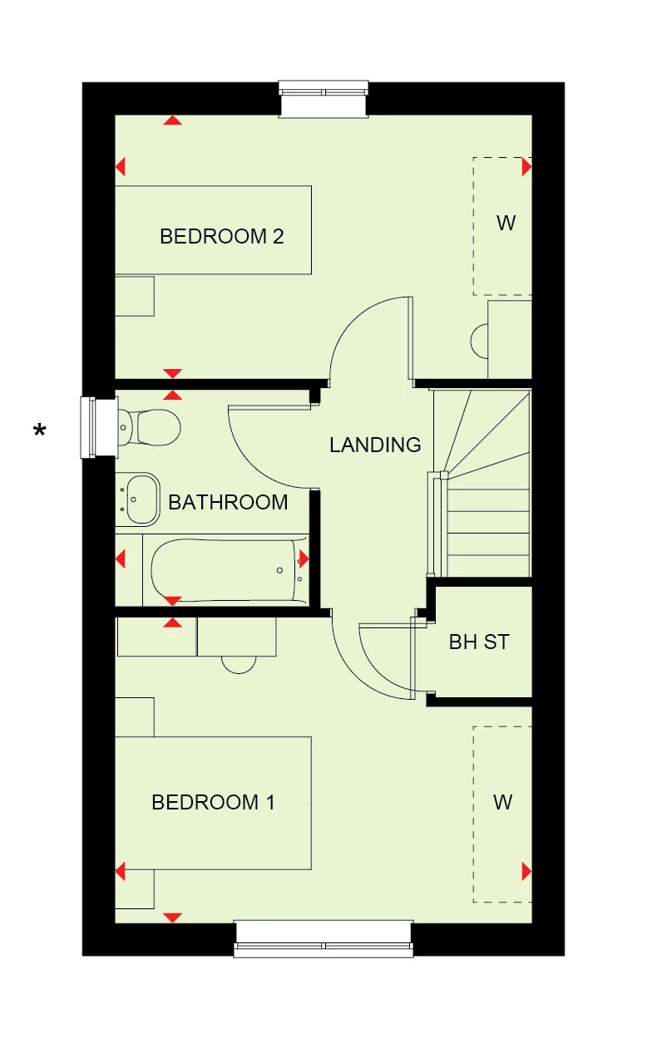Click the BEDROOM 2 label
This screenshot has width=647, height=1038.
point(222,236)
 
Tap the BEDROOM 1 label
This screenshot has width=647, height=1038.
point(214,802)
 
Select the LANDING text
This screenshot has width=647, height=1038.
point(375,445)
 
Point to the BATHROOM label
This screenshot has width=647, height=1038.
point(228,502)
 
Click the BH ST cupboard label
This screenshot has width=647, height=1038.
point(479,642)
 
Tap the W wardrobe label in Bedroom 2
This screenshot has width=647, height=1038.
point(506,223)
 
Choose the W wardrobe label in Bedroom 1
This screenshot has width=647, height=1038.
point(503,802)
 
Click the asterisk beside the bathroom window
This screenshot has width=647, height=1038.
point(40,430)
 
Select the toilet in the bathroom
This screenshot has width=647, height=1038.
point(148,427)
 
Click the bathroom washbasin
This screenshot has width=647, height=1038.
point(138,499)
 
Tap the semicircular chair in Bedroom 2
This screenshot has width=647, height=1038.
point(479,341)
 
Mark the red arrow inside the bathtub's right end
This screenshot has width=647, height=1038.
point(304,558)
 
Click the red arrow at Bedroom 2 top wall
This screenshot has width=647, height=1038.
point(172,121)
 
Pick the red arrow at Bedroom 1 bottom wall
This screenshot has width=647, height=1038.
point(172,917)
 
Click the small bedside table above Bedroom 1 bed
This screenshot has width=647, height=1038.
point(135,717)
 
